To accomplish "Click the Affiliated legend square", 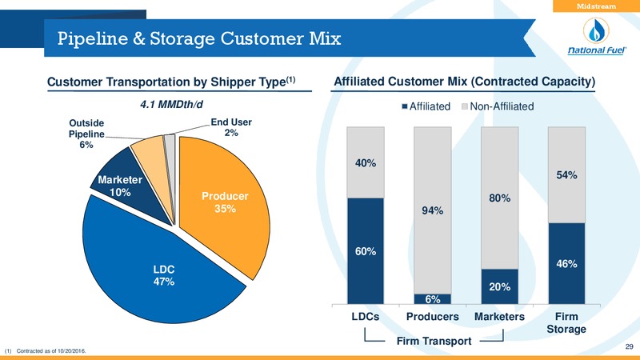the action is coord(405,106).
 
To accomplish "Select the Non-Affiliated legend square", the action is coord(465,106).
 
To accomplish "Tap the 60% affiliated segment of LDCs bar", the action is coord(366,251).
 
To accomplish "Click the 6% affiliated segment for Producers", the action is coord(432,299).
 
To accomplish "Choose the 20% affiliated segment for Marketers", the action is coord(499,286).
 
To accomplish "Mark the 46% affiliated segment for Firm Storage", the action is coord(566,264).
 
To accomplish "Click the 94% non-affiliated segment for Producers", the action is coord(432,210).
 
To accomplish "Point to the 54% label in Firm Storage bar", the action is coord(566,175).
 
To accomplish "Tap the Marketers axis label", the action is coord(499,317).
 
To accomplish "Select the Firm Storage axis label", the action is coord(566,323).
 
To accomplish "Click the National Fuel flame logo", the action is coord(596,31).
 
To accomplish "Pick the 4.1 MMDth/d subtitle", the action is coord(171,105).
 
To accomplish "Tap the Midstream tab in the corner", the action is coord(596,6).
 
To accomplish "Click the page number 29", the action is coord(629,346).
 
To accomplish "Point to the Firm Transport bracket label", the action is coord(434,341).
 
